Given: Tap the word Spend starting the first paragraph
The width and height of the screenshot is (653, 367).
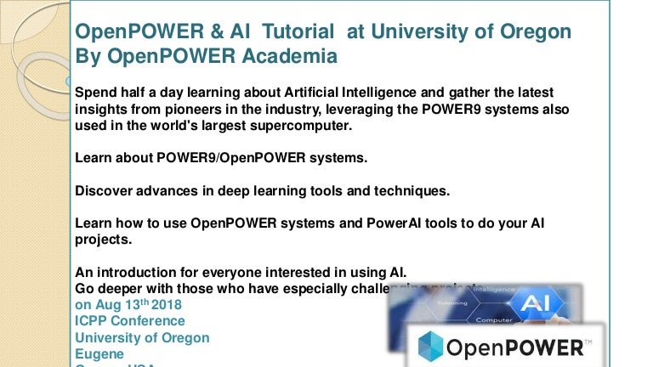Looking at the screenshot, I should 95,92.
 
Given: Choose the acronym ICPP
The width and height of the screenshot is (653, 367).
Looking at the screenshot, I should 92,321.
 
